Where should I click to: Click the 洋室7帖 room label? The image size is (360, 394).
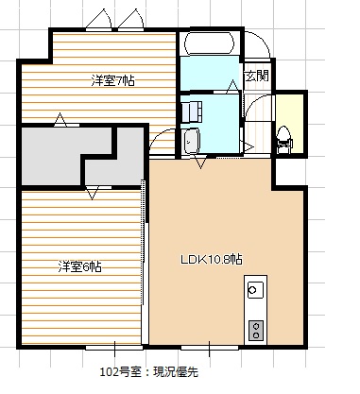pyautogui.click(x=112, y=81)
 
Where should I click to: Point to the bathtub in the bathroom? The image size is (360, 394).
pyautogui.click(x=210, y=44)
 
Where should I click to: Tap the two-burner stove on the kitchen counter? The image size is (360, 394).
pyautogui.click(x=255, y=329)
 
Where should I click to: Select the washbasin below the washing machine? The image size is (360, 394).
pyautogui.click(x=193, y=141)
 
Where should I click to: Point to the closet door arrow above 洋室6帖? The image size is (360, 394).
pyautogui.click(x=92, y=193)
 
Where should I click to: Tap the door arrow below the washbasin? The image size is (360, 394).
pyautogui.click(x=200, y=162)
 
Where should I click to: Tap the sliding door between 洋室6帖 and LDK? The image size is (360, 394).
pyautogui.click(x=145, y=265)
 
